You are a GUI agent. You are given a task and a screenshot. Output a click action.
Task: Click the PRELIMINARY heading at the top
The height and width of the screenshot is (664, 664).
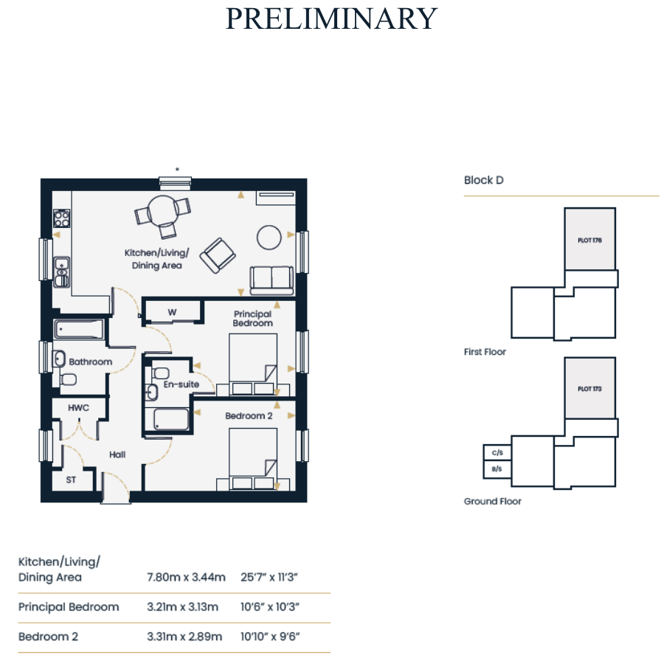tap(331, 19)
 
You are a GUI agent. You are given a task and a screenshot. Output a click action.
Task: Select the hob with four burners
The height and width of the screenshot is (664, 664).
tap(61, 218)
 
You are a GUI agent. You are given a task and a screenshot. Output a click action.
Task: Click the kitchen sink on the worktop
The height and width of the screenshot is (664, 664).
tap(62, 272)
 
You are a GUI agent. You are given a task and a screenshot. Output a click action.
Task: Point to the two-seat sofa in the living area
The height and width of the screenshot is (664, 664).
tap(272, 280)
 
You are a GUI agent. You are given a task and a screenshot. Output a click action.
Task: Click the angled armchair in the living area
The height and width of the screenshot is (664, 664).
tap(218, 255)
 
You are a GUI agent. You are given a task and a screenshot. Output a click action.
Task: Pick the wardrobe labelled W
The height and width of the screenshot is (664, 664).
tap(173, 311)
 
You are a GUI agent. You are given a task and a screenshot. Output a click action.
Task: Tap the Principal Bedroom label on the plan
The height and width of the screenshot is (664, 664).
tap(253, 319)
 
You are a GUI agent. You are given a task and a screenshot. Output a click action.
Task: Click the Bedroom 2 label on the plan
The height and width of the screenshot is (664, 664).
tap(249, 416)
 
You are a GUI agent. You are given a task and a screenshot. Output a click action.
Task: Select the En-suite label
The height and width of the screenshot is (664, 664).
tap(181, 384)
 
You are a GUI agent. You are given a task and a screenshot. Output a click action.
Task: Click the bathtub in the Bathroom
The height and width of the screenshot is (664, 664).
tap(79, 330)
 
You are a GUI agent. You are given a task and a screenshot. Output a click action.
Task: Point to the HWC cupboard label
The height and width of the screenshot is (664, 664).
tap(79, 408)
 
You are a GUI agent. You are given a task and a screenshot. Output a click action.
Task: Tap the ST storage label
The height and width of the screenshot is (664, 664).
tap(71, 480)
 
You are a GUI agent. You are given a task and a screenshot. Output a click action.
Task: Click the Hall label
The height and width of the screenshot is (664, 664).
tap(117, 454)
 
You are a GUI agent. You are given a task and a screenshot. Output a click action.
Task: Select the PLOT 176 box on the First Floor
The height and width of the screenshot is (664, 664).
tap(590, 239)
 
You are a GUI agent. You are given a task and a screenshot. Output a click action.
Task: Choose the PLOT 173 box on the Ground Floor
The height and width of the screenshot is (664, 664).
tap(590, 388)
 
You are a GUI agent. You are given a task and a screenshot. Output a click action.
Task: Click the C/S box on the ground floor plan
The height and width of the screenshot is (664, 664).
tap(497, 453)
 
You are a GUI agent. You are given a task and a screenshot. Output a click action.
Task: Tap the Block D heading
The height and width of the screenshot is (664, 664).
tap(483, 180)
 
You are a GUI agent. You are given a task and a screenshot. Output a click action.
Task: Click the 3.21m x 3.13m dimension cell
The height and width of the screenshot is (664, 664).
tap(182, 607)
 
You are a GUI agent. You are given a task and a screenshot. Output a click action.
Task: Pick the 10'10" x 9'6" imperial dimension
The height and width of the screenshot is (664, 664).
tap(270, 637)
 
